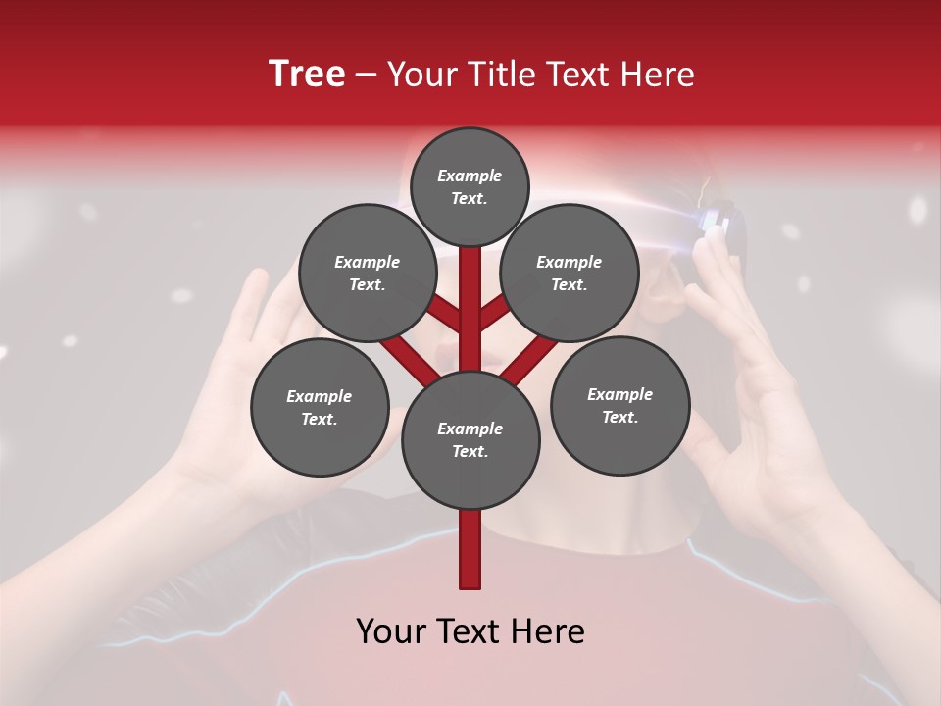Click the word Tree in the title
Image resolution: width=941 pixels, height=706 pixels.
pos(307,75)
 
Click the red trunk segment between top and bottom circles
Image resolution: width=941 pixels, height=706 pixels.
pos(470,314)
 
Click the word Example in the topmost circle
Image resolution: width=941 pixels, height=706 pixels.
pos(470,176)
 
